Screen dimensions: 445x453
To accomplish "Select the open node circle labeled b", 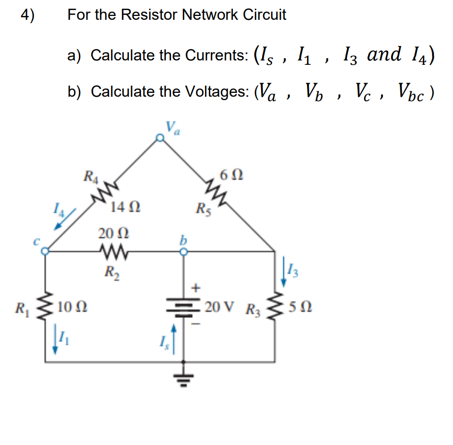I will point(183,252).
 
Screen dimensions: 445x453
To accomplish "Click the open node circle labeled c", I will point(44,252).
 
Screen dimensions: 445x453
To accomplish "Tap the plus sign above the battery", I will point(196,289).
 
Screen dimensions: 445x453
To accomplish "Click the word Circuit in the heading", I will point(264,15).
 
